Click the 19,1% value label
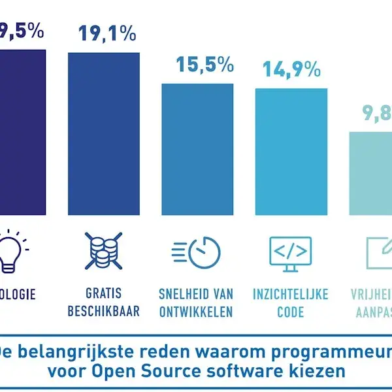pyautogui.click(x=107, y=33)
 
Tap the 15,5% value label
pyautogui.click(x=204, y=65)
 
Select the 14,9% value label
pyautogui.click(x=292, y=69)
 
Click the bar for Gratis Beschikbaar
pyautogui.click(x=104, y=134)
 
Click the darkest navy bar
pyautogui.click(x=22, y=131)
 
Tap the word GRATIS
pyautogui.click(x=103, y=294)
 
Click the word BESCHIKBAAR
pyautogui.click(x=103, y=311)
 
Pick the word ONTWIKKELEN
pyautogui.click(x=196, y=311)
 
